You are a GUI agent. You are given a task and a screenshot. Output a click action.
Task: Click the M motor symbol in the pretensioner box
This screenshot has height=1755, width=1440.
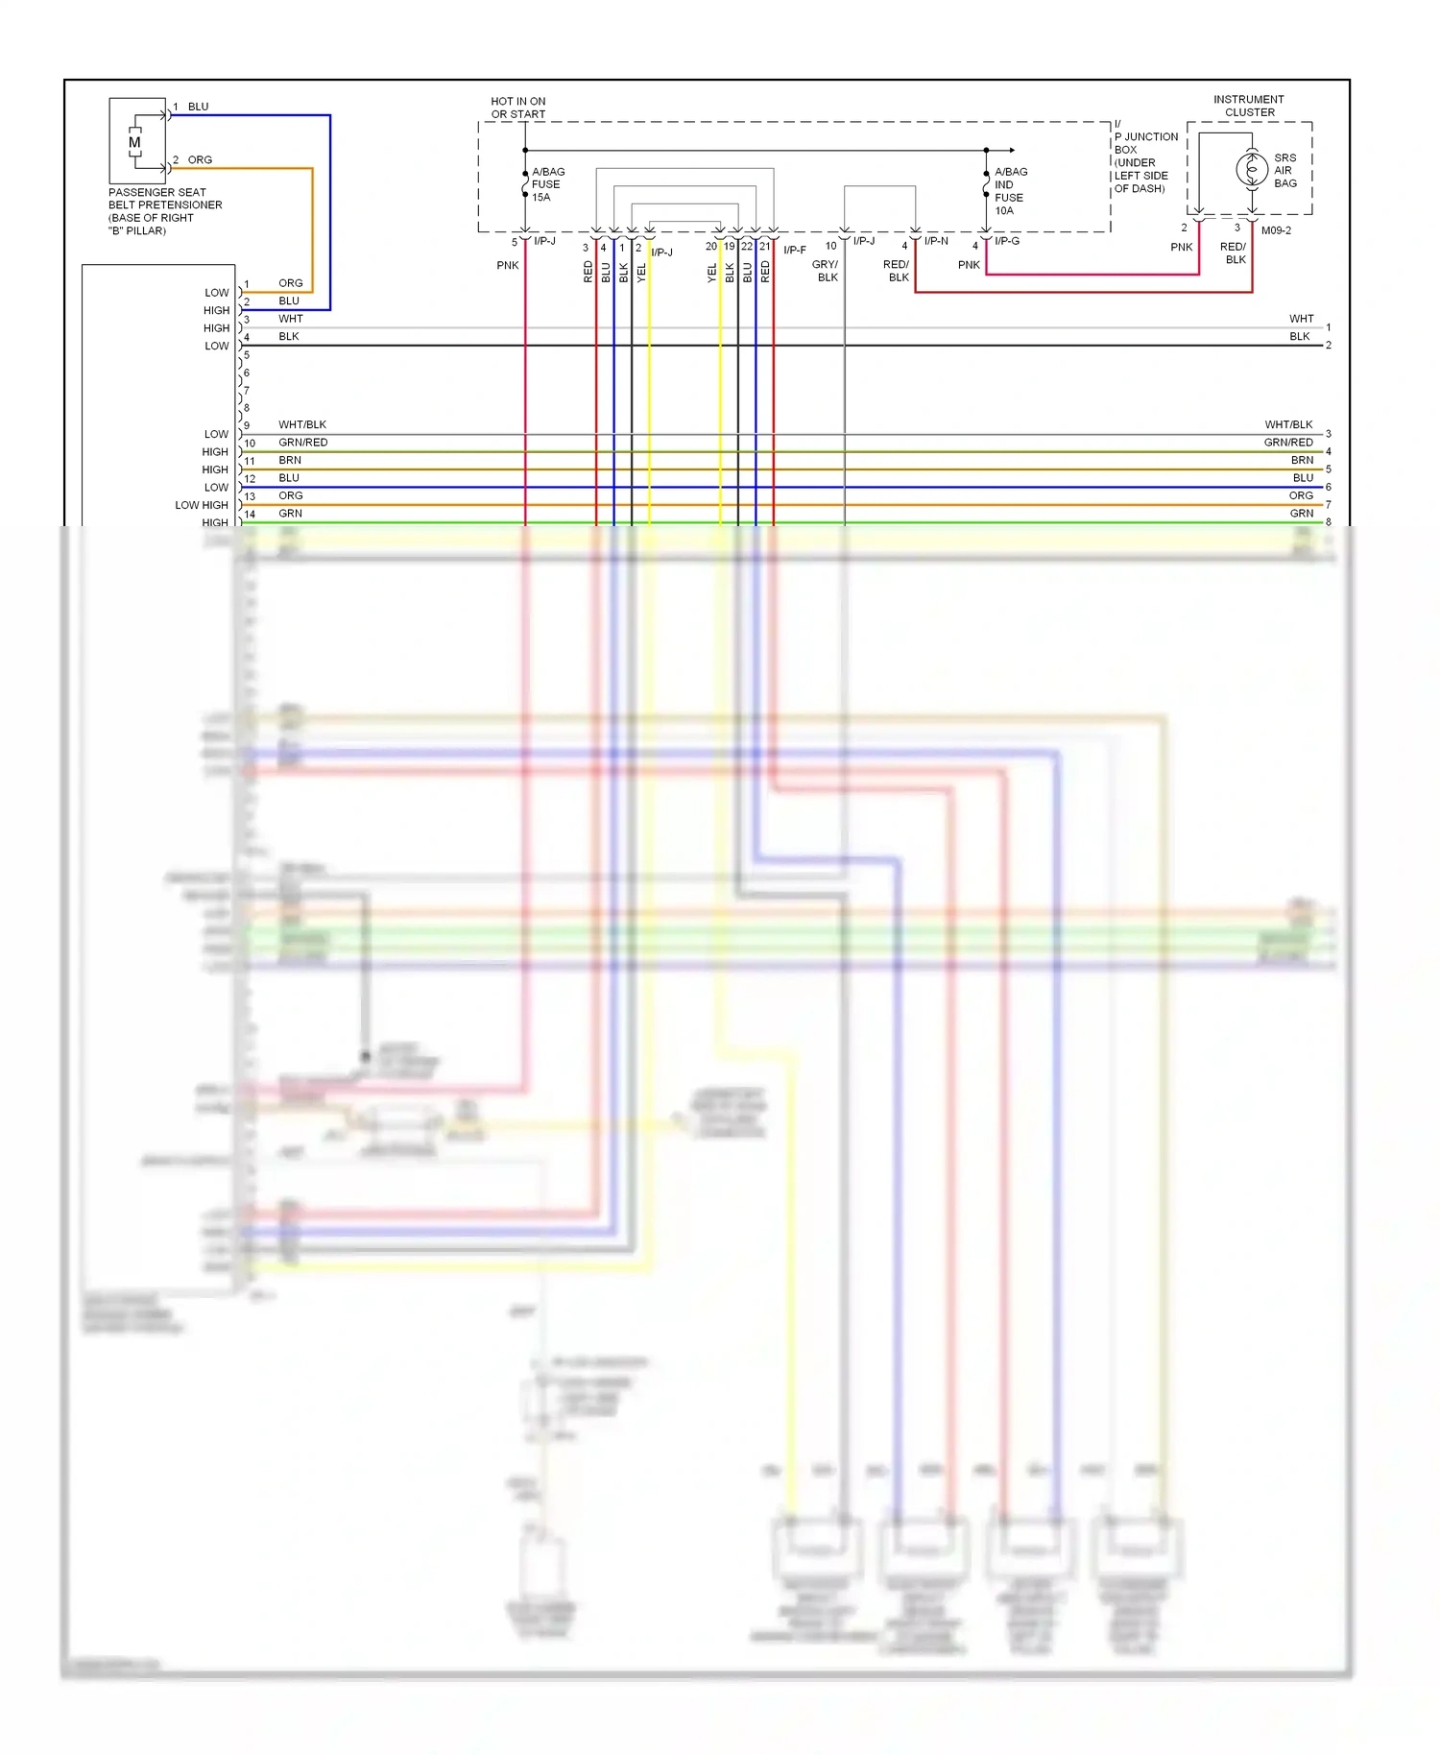[134, 142]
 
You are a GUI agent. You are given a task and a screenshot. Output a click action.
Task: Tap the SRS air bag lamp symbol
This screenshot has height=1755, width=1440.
[1251, 170]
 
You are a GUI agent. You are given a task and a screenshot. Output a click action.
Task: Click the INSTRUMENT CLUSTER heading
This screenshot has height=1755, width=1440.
[1249, 106]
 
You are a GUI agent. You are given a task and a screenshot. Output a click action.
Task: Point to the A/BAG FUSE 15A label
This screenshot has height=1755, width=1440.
[548, 184]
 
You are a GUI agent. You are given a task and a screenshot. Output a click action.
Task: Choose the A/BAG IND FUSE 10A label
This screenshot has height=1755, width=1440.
[1010, 191]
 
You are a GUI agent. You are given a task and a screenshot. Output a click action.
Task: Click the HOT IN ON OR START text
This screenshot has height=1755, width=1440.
[517, 108]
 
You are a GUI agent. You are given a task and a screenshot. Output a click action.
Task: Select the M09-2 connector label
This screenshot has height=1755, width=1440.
[1276, 230]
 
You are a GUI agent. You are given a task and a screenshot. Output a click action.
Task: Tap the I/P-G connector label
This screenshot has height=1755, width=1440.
[1006, 241]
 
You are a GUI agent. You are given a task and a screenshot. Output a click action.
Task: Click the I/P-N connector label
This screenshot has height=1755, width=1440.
[936, 241]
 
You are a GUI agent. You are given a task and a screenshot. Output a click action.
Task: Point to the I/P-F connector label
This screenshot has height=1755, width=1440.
[795, 250]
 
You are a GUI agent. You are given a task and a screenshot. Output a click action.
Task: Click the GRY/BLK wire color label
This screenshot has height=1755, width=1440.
[826, 271]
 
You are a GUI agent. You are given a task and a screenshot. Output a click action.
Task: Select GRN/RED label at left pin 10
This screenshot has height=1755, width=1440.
[303, 443]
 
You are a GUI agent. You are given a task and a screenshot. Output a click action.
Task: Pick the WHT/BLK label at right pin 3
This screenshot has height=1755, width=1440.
[1288, 424]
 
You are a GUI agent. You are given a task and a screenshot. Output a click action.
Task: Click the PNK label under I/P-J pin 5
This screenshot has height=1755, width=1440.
[507, 265]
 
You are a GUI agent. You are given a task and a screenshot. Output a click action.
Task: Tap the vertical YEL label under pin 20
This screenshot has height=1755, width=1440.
[712, 273]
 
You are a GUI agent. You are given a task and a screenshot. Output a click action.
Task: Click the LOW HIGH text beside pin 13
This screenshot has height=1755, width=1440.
[202, 505]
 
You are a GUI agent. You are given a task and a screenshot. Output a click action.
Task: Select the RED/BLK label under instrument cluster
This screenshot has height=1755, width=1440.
[1235, 253]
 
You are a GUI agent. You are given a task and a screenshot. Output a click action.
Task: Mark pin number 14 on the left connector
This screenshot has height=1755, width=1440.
[250, 515]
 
